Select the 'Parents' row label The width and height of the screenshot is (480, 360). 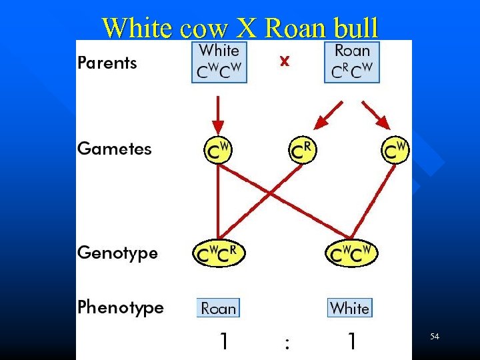[x=107, y=63]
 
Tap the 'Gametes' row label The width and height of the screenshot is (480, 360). [x=115, y=149]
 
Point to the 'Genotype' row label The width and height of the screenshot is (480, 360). [x=118, y=253]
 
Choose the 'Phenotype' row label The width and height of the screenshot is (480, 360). [x=121, y=307]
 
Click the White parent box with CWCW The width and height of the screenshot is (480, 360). [x=219, y=62]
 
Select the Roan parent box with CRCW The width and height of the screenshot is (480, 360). [x=352, y=62]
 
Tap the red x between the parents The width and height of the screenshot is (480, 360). [x=285, y=61]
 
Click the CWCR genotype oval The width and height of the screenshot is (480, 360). [x=219, y=253]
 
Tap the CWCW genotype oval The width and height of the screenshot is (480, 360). [x=351, y=253]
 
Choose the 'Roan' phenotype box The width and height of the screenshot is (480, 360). [x=219, y=308]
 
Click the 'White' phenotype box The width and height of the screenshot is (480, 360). [x=349, y=308]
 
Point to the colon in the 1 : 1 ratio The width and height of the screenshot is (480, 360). [x=287, y=343]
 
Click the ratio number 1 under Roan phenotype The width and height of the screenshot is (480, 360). [x=225, y=342]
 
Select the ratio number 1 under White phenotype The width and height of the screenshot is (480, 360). [x=351, y=342]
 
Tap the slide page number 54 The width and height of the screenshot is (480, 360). [x=435, y=337]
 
